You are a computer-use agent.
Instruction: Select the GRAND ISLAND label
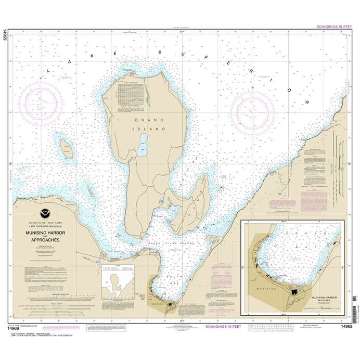pos(149,124)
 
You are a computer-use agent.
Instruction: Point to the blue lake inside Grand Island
pos(143,141)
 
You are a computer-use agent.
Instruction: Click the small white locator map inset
pos(115,287)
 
